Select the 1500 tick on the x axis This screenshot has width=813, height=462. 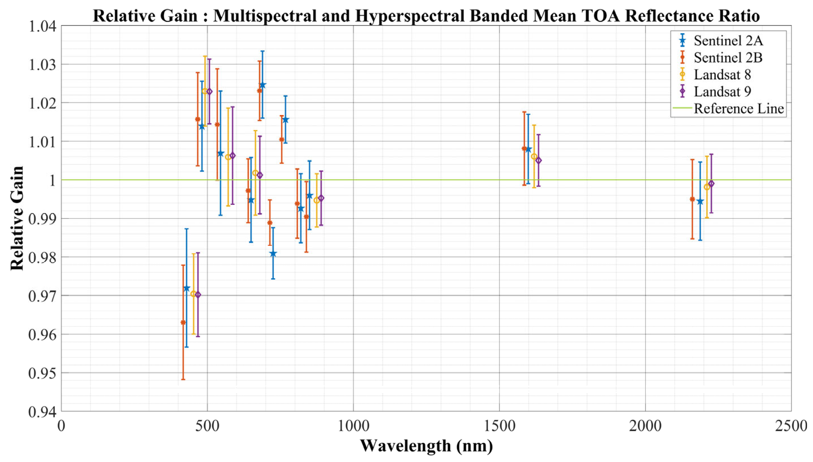coord(499,426)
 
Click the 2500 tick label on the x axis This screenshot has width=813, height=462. coord(790,426)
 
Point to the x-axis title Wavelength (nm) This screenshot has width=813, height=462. coord(426,446)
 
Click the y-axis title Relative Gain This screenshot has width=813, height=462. coord(17,218)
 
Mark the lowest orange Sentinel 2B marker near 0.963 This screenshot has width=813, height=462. coord(183,322)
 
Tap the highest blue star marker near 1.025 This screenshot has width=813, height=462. coord(262,85)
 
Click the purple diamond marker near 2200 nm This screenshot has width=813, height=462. coord(711,184)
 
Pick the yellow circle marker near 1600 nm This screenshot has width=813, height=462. coord(534,156)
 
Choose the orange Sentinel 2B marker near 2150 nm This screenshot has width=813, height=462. coord(692,199)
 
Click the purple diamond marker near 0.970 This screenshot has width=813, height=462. coord(198,295)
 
